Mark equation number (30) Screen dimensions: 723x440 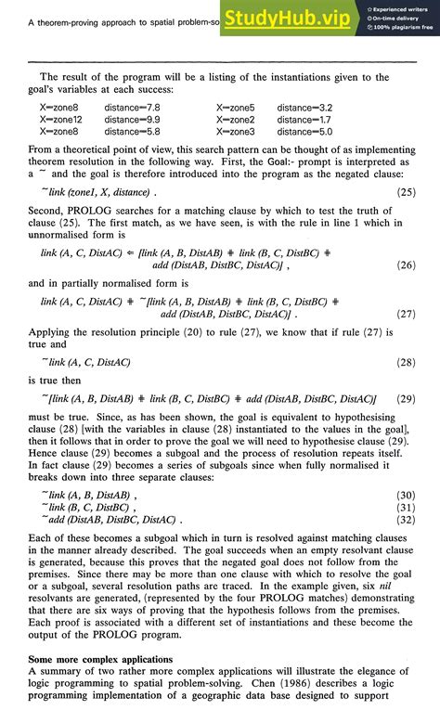point(406,495)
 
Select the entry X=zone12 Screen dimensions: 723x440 point(61,120)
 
